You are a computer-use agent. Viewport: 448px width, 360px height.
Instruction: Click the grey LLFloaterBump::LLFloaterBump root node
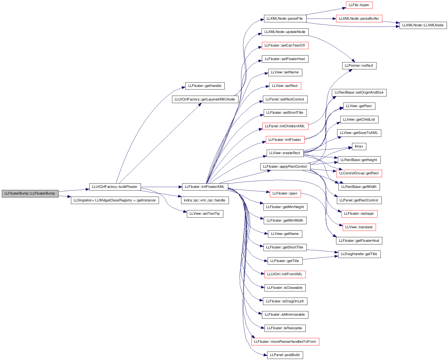point(30,193)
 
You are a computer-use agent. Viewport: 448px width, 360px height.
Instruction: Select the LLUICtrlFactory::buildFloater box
point(115,187)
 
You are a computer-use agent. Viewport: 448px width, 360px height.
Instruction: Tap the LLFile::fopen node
point(359,5)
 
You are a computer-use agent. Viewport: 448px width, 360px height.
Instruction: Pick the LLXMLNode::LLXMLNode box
point(423,25)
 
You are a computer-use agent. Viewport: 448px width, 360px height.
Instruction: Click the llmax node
point(359,146)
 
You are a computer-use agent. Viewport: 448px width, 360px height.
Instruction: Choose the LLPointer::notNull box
point(359,66)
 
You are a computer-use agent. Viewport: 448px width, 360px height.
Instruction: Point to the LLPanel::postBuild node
point(285,355)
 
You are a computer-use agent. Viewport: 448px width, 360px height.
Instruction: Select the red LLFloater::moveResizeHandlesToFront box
point(285,342)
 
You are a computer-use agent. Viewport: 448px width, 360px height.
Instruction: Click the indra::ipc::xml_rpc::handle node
point(205,200)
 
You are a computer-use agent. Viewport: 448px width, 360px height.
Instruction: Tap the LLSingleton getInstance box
point(115,200)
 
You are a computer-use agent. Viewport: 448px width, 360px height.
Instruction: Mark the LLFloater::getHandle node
point(205,86)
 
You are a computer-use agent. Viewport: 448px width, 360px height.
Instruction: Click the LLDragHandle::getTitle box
point(359,254)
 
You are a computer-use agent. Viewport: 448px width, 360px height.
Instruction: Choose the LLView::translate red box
point(359,227)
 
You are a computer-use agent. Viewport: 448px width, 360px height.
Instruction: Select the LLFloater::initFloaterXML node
point(205,187)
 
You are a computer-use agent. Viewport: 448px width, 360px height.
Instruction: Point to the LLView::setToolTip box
point(205,214)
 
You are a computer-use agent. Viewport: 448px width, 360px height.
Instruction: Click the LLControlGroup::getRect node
point(359,173)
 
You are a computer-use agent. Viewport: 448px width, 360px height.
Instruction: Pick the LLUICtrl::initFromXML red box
point(285,274)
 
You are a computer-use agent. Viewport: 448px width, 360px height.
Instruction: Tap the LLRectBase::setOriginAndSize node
point(359,92)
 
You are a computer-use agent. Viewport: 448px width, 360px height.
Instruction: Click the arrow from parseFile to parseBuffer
point(321,19)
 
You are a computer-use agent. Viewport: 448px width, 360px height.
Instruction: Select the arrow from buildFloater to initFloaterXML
point(161,187)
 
